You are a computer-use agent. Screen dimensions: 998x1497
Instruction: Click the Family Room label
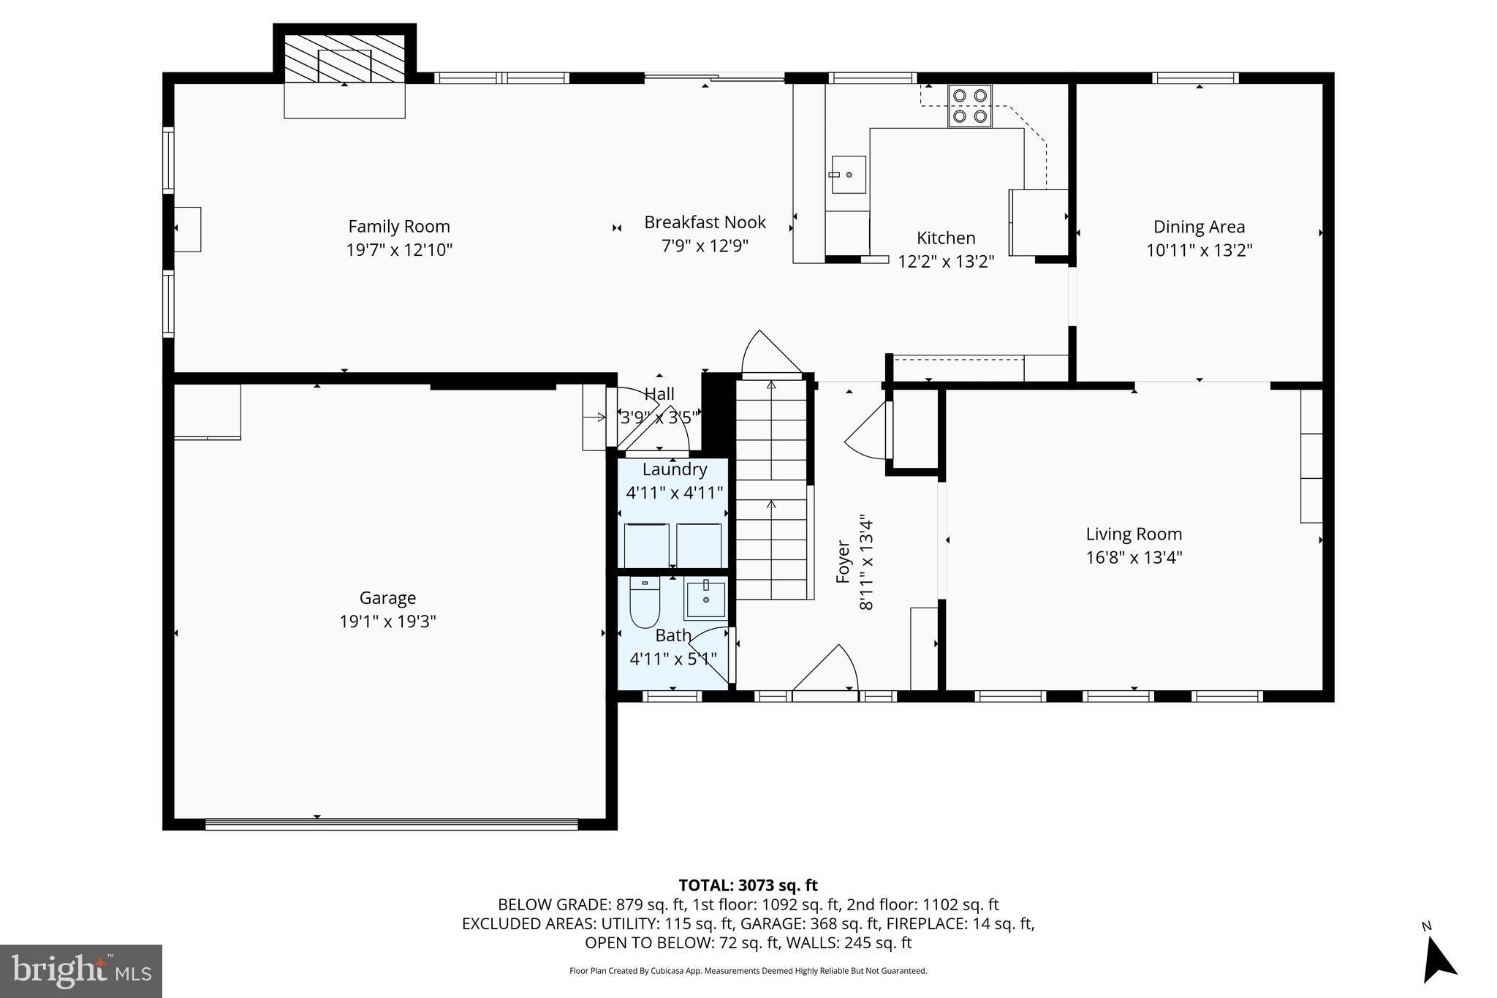coord(398,227)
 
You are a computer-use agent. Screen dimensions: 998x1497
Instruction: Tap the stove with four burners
coord(969,106)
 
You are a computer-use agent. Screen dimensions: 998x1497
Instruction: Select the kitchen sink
coord(848,175)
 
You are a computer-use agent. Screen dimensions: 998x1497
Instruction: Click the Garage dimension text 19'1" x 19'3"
coord(387,621)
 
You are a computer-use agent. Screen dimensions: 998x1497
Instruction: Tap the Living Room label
coord(1133,534)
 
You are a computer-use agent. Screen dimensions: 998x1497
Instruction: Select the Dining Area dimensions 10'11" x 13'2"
coord(1199,250)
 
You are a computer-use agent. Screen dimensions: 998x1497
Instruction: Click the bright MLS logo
coord(80,971)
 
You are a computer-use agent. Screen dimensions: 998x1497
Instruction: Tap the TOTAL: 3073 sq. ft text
coord(748,885)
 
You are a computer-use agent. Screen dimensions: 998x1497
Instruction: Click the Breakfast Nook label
coord(705,222)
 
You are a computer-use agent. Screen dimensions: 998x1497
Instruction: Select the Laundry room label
coord(674,469)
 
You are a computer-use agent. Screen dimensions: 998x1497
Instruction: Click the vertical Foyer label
coord(843,562)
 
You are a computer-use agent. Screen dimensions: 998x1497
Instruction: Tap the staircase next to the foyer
coord(771,490)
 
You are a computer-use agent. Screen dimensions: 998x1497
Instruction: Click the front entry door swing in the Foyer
coord(826,669)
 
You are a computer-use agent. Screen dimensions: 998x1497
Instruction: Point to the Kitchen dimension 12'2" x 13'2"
coord(946,261)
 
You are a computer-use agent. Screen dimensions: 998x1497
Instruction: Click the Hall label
coord(659,394)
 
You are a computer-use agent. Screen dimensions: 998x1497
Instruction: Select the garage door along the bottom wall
coord(391,824)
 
